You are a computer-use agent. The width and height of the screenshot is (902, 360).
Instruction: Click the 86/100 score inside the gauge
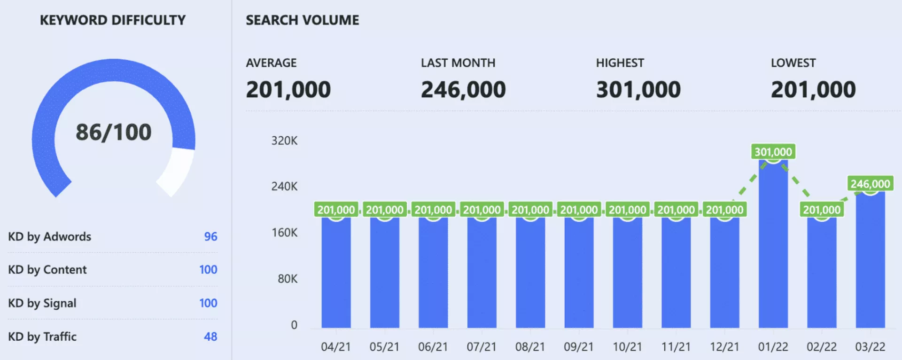pos(113,132)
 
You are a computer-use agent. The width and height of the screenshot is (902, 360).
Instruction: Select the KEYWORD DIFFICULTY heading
pos(113,20)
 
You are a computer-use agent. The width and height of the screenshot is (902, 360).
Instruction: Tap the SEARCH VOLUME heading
pos(302,20)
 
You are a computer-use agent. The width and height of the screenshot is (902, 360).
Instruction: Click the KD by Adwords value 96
pos(210,236)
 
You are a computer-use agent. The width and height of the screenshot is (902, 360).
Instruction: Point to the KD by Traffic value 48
pos(210,337)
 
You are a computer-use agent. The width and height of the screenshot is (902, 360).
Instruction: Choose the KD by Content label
pos(47,270)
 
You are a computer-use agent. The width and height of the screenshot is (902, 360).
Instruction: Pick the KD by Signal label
pos(42,303)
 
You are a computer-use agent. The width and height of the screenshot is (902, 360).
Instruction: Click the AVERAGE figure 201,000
pos(288,90)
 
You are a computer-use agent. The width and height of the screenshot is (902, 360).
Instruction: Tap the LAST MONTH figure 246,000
pos(463,90)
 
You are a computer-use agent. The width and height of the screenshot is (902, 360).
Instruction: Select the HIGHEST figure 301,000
pos(638,90)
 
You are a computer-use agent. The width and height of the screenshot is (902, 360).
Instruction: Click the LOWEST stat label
pos(793,63)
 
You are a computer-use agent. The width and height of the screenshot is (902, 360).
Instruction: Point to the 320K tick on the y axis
pos(284,141)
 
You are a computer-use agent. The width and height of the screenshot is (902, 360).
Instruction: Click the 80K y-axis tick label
pos(287,279)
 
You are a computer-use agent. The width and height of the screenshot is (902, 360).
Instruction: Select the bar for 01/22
pos(773,244)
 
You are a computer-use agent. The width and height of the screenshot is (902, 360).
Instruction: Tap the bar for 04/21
pos(336,273)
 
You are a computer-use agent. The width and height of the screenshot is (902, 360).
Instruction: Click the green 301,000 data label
pos(773,152)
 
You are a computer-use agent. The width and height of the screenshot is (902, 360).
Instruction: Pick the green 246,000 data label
pos(870,184)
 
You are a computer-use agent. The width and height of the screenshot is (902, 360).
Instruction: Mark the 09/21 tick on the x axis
pos(578,347)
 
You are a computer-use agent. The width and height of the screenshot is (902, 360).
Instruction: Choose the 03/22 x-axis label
pos(870,347)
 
